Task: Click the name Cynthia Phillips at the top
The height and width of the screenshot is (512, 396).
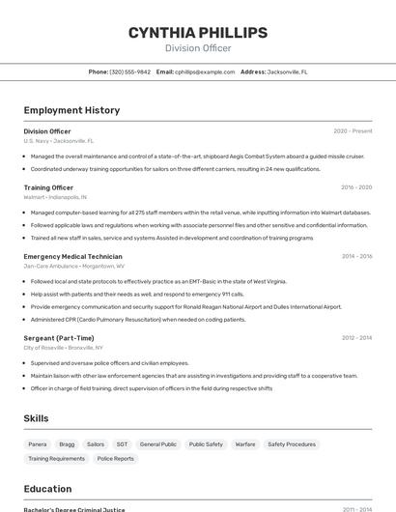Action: coord(198,33)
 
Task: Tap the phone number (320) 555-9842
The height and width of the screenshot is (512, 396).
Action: coord(129,71)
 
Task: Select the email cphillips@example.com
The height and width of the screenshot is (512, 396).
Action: coord(204,71)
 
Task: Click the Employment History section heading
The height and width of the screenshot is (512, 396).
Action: coord(71,110)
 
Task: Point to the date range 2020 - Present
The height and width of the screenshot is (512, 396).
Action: coord(353,130)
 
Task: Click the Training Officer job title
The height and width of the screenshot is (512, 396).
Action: coord(48,187)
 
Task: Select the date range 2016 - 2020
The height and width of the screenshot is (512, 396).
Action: coord(356,187)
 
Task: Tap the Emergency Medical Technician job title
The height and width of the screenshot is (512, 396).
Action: coord(72,256)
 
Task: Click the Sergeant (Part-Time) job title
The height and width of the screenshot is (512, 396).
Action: coord(59,338)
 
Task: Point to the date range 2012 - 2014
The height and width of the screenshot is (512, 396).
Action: coord(356,338)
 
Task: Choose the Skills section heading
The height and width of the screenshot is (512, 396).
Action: coord(37,418)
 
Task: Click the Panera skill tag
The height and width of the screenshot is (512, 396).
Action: coord(38,444)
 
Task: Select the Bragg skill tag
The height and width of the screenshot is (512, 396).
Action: coord(67,444)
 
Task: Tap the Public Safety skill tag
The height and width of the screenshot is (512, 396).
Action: coord(206,444)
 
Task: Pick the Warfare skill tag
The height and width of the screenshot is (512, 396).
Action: coord(245,444)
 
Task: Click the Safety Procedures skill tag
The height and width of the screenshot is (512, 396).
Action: coord(292,444)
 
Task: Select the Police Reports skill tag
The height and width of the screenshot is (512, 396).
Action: coord(116,459)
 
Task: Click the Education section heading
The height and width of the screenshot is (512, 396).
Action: coord(47,489)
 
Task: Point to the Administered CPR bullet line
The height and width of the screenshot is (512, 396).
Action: coord(138,319)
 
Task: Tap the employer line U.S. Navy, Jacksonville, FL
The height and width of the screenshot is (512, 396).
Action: coord(59,140)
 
